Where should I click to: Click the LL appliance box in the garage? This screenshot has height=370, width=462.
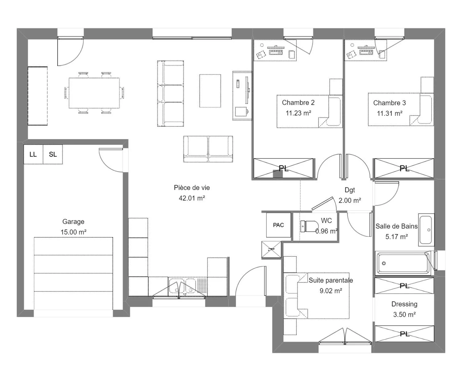pyautogui.click(x=33, y=154)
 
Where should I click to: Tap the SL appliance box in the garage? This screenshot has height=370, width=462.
pyautogui.click(x=53, y=154)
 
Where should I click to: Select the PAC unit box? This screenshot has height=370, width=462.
pyautogui.click(x=278, y=225)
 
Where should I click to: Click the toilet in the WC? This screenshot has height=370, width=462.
pyautogui.click(x=309, y=226)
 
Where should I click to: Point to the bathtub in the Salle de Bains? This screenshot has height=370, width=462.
pyautogui.click(x=403, y=263)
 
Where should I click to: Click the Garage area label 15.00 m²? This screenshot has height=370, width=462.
pyautogui.click(x=73, y=232)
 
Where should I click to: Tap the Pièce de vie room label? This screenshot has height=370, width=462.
pyautogui.click(x=192, y=188)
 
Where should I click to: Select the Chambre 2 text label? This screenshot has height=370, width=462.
pyautogui.click(x=298, y=103)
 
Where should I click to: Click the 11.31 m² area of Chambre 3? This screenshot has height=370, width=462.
pyautogui.click(x=390, y=113)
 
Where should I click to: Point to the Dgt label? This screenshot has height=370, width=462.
pyautogui.click(x=350, y=190)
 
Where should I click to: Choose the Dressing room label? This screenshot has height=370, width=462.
pyautogui.click(x=404, y=304)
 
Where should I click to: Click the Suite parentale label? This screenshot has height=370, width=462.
pyautogui.click(x=330, y=280)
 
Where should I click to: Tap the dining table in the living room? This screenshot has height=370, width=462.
pyautogui.click(x=94, y=93)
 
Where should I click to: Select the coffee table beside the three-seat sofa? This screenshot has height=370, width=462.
pyautogui.click(x=210, y=91)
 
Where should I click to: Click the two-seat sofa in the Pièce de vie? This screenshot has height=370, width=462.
pyautogui.click(x=208, y=149)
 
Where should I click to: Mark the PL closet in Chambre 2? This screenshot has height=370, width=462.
pyautogui.click(x=283, y=168)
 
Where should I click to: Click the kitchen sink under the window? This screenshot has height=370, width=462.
pyautogui.click(x=182, y=286)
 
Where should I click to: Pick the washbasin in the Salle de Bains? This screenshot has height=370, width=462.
pyautogui.click(x=426, y=230)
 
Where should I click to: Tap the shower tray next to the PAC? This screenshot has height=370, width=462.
pyautogui.click(x=271, y=249)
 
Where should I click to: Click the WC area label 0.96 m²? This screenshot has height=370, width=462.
pyautogui.click(x=326, y=231)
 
